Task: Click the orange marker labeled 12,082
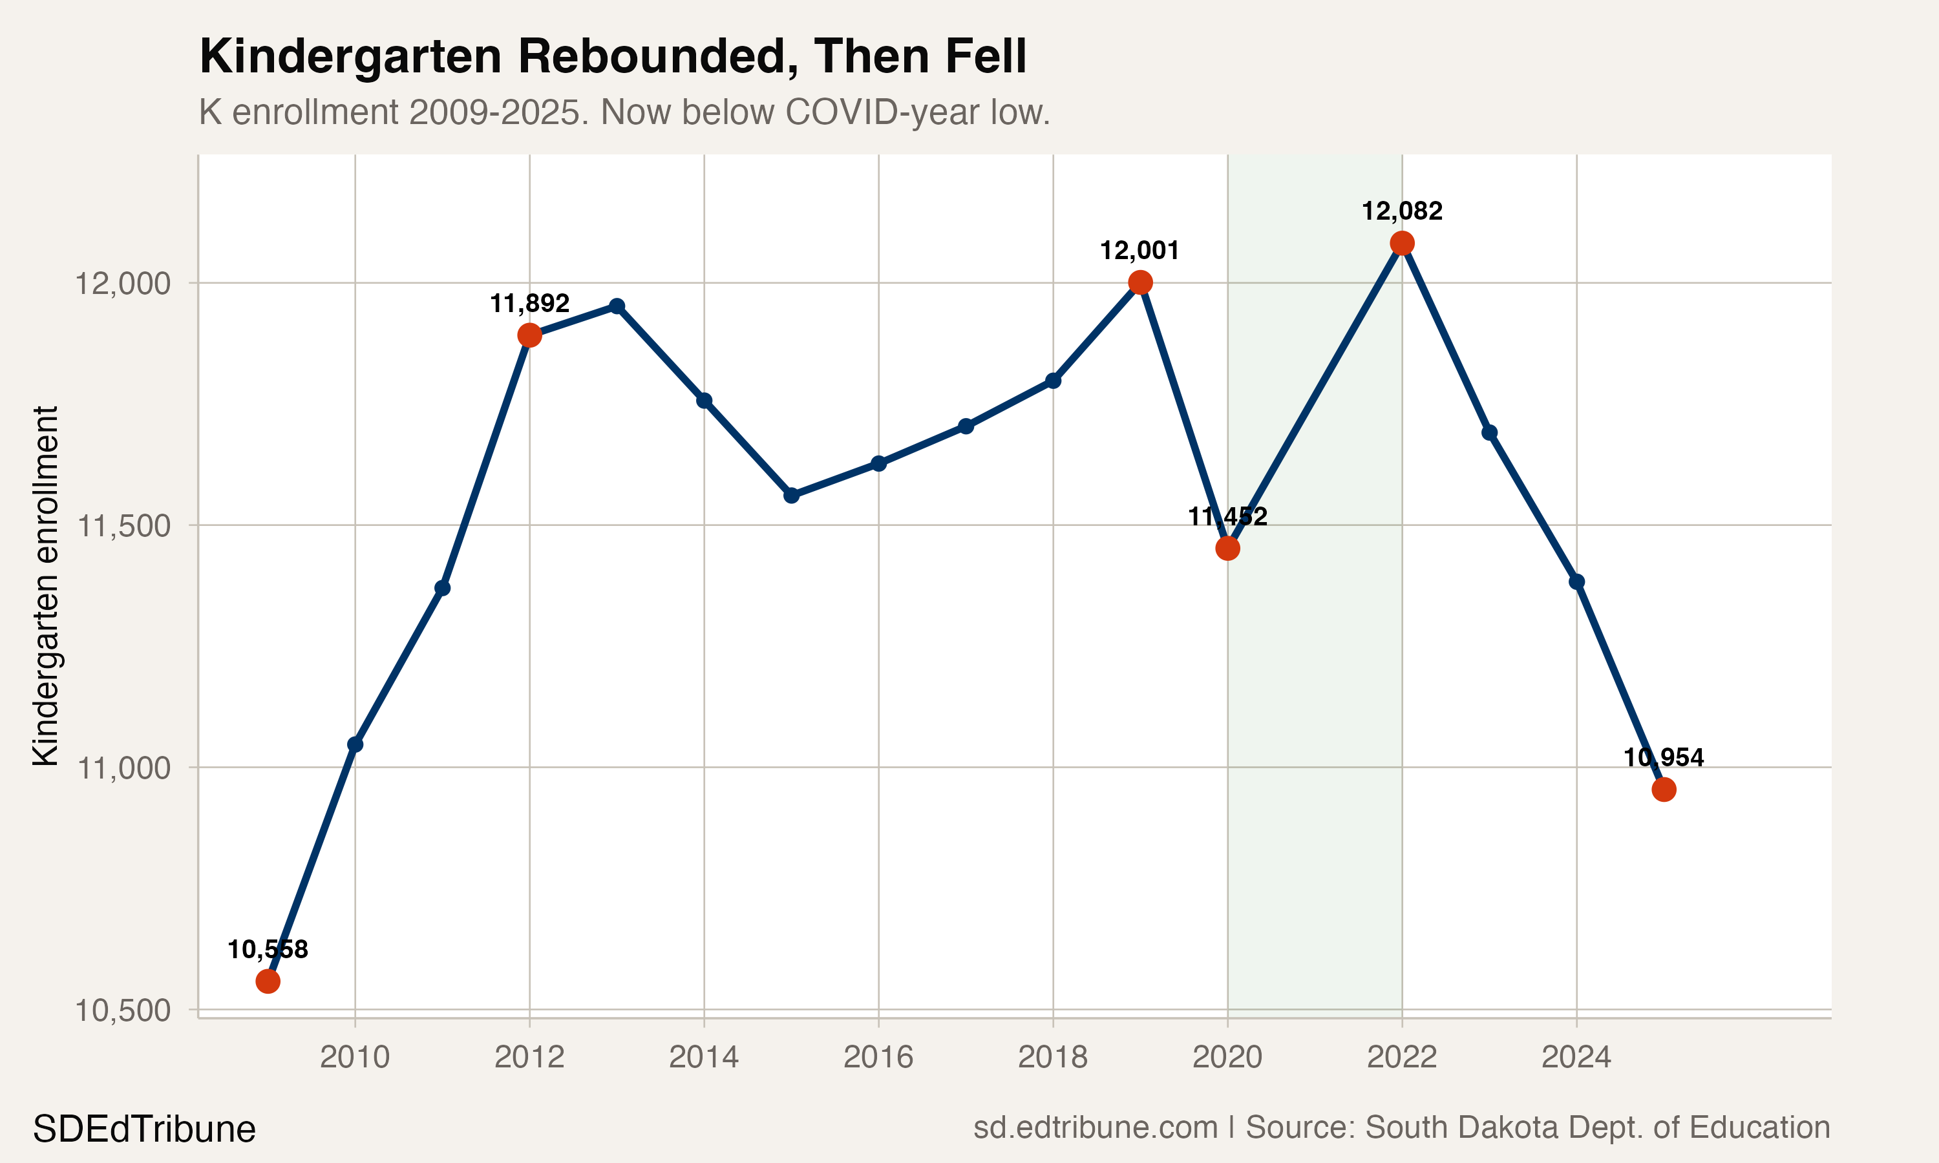pos(1402,244)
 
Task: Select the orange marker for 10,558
pos(268,981)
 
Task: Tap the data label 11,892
pos(529,303)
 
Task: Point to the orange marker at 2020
pos(1227,549)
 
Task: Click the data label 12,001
pos(1139,251)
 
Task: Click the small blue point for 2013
pos(617,306)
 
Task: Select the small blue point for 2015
pos(792,496)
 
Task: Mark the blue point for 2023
pos(1490,433)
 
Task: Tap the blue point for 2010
pos(355,744)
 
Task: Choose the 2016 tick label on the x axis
pos(878,1057)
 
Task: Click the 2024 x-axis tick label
pos(1576,1057)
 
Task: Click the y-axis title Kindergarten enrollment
pos(45,585)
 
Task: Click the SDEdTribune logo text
pos(144,1129)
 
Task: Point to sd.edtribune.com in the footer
pos(1095,1127)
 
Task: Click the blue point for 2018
pos(1054,381)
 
